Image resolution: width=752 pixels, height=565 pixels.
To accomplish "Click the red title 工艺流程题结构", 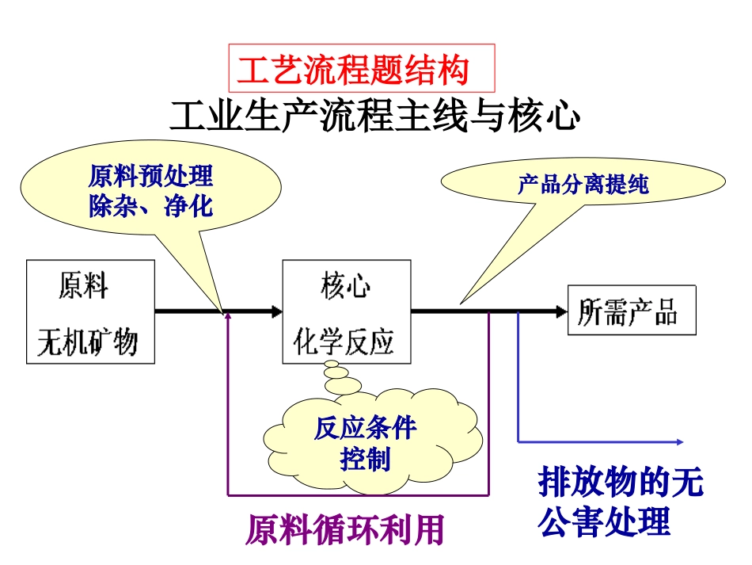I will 353,70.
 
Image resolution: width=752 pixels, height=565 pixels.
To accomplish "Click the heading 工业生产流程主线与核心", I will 375,116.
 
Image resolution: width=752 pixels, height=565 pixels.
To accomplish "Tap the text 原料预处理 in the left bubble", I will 150,176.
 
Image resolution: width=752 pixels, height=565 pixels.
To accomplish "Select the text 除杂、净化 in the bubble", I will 150,206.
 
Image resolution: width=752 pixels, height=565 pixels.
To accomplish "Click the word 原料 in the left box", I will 83,285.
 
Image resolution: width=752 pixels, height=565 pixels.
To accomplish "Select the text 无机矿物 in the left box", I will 88,342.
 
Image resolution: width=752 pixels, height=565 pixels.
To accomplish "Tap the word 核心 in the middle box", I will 345,285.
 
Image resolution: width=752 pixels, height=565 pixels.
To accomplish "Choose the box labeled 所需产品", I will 632,311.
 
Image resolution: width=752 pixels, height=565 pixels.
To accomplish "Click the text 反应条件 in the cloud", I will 365,429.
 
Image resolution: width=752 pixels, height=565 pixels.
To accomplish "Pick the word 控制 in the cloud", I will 365,459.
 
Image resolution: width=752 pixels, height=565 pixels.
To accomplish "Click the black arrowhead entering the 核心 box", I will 275,311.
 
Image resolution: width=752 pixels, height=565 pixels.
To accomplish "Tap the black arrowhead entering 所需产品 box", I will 560,311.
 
